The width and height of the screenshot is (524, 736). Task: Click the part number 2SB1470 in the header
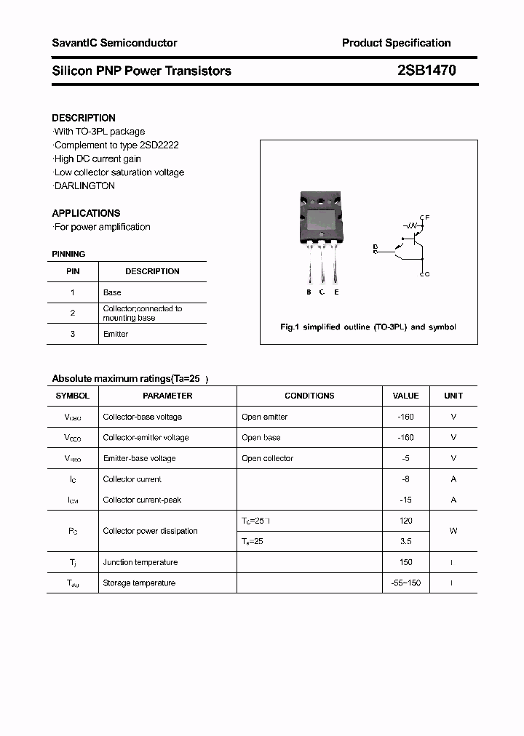427,71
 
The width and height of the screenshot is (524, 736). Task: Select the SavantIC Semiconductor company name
114,43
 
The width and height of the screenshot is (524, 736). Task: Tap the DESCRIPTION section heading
84,118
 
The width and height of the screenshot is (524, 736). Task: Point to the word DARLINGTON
85,185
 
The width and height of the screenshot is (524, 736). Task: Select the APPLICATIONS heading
86,213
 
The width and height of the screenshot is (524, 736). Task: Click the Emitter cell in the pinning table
116,334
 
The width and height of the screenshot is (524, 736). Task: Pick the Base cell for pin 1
112,292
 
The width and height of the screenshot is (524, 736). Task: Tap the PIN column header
73,271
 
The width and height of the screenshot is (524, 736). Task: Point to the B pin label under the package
309,292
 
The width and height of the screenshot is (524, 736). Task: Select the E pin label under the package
336,292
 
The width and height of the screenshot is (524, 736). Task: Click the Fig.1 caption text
368,327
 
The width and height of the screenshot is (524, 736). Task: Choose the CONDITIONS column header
309,396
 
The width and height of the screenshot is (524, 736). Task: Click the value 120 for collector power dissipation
406,521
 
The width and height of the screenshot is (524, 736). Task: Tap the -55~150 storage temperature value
406,583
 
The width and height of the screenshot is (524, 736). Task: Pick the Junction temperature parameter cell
140,562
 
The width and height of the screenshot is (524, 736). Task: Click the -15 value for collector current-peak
406,500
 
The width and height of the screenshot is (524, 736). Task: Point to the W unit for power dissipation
453,531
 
